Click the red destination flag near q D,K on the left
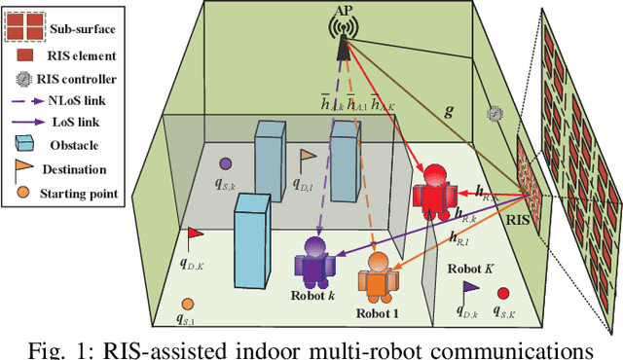point(194,234)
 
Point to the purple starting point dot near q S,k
point(225,163)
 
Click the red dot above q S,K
point(503,293)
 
